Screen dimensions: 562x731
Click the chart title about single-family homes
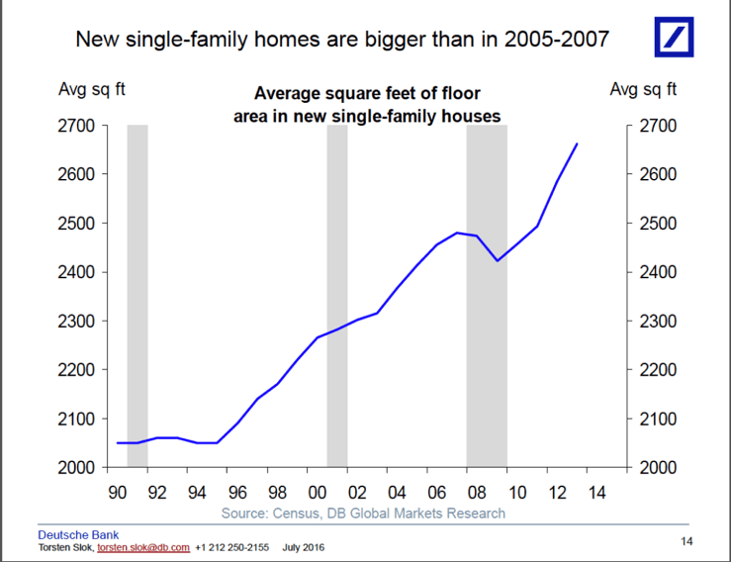342,41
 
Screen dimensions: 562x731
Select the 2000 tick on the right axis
657,467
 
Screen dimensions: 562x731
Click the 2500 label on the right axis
657,224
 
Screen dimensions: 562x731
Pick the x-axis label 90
117,492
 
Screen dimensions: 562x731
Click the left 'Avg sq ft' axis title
92,90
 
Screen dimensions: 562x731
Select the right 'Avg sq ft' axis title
642,90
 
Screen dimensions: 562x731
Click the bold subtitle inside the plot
367,105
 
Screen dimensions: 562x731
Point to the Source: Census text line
363,513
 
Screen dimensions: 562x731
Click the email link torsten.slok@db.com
142,547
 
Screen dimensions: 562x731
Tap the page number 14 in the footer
686,540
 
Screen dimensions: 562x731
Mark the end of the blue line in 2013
578,144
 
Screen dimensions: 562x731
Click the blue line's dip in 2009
498,260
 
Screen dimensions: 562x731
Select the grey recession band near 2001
337,297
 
